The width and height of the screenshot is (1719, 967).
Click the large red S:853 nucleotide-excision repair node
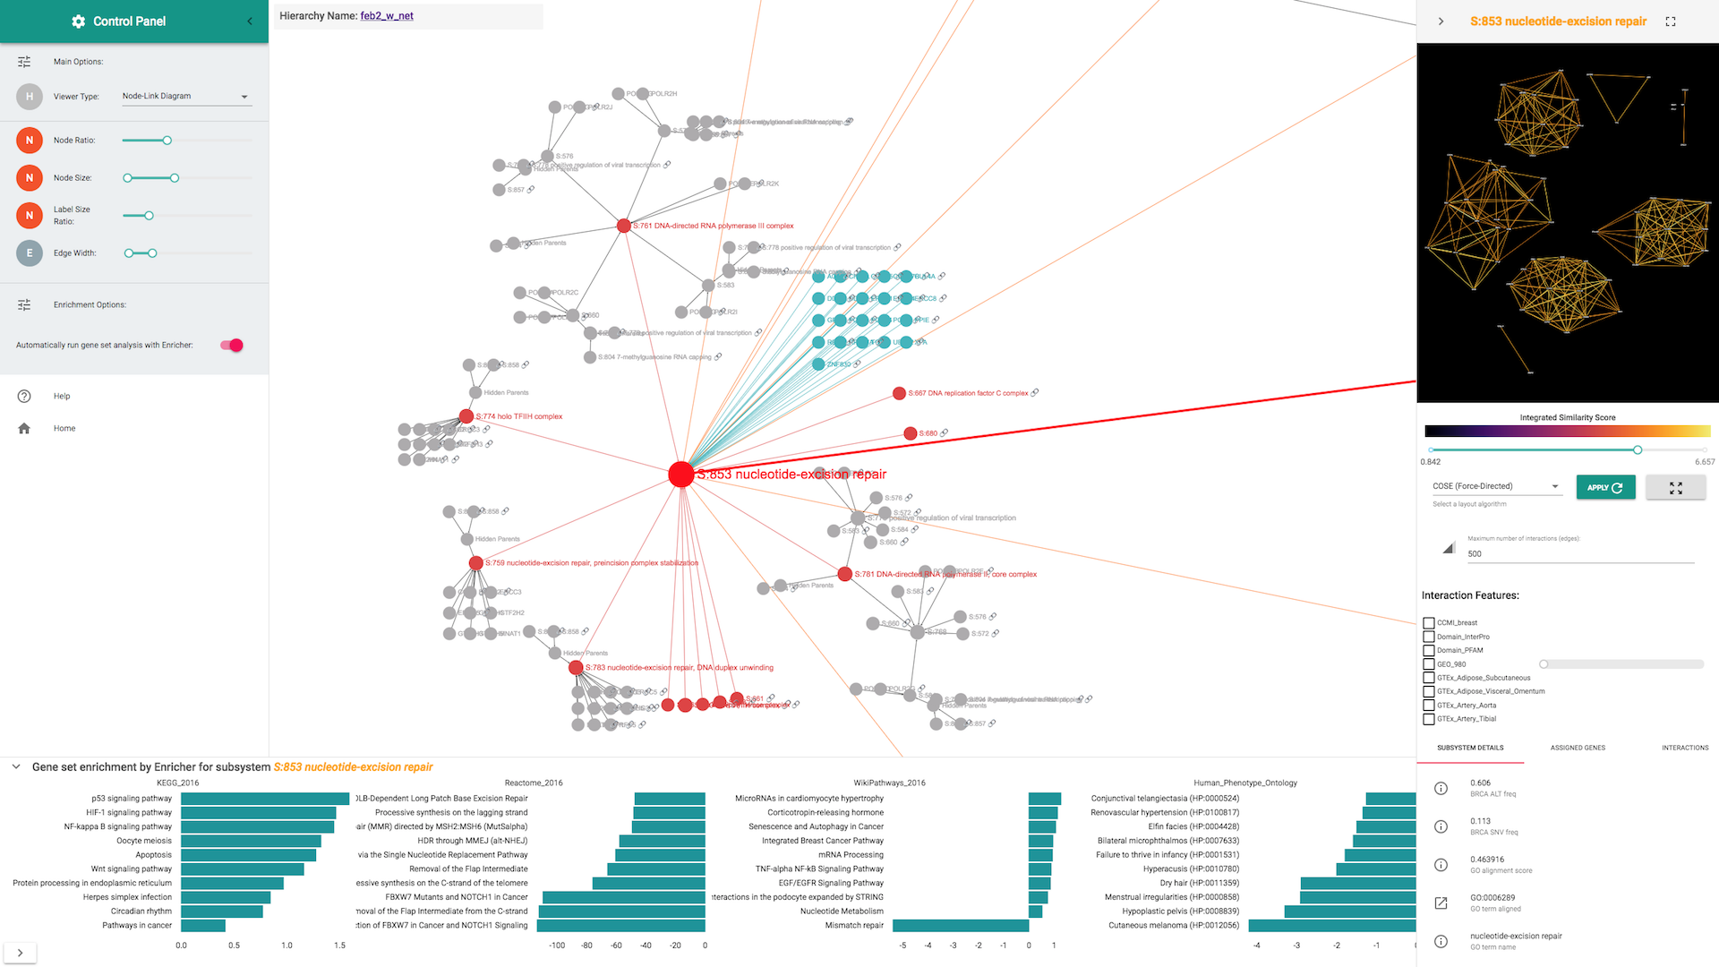tap(680, 475)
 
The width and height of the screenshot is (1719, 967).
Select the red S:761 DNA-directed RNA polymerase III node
tap(623, 226)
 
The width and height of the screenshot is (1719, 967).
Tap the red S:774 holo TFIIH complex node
tap(466, 416)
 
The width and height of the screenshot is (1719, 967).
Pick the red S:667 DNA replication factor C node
tap(899, 393)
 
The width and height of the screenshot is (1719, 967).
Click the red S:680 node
tap(910, 433)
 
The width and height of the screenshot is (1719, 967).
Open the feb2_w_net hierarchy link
tap(387, 16)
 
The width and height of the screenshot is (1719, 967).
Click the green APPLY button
tap(1604, 487)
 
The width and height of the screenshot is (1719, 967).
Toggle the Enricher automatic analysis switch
tap(232, 345)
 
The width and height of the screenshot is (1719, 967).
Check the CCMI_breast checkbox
tap(1429, 622)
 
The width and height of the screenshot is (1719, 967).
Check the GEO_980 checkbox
tap(1429, 664)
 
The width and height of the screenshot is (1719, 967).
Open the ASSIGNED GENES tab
tap(1578, 748)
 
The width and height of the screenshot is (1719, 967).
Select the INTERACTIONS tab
tap(1684, 748)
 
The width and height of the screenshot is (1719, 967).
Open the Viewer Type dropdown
tap(185, 97)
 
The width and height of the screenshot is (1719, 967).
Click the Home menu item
tap(64, 429)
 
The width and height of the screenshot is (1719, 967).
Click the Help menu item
tap(61, 396)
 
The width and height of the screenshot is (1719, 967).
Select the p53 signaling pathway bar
tap(264, 799)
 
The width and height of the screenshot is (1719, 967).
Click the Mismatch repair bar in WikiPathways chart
tap(960, 926)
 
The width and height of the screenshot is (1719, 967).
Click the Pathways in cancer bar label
tap(136, 926)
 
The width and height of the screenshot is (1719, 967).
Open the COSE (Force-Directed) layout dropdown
tap(1495, 486)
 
